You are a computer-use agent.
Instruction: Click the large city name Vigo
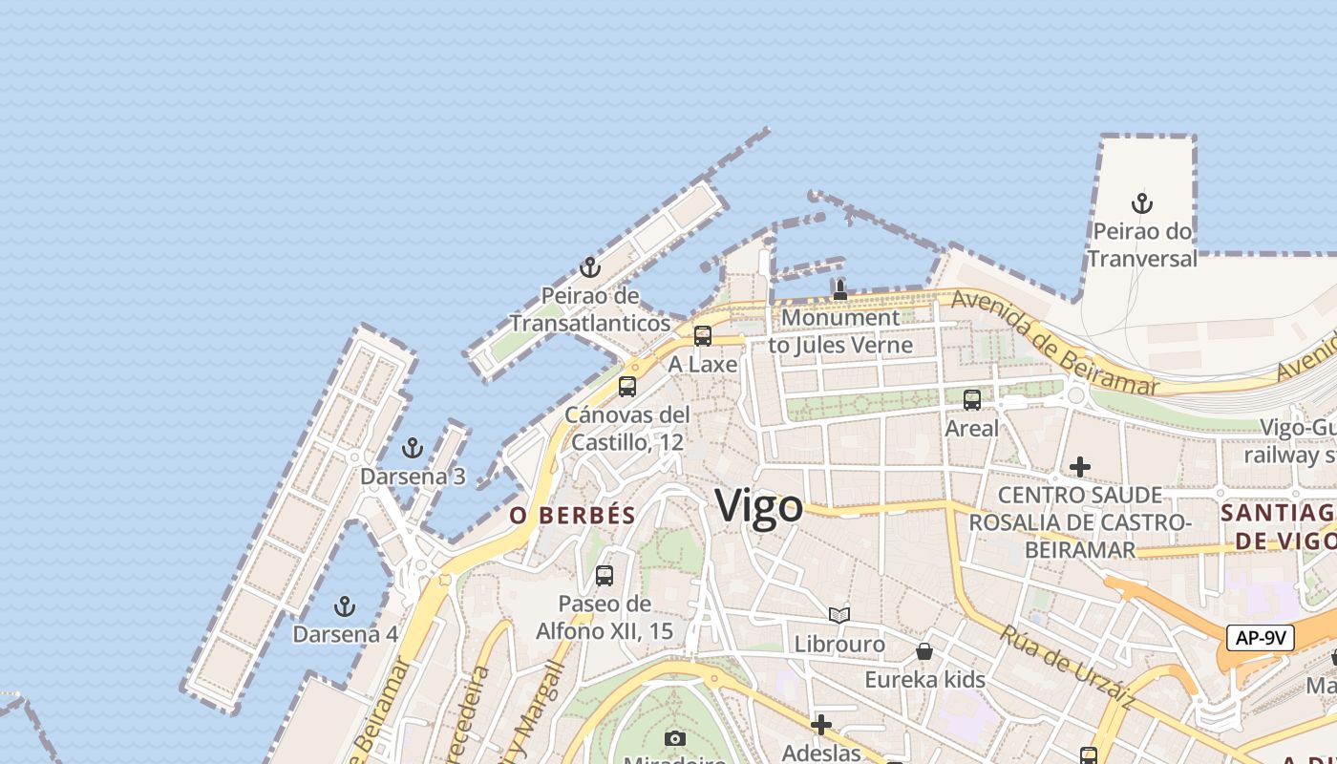(759, 505)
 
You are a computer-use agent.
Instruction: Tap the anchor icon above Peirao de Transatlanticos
(590, 267)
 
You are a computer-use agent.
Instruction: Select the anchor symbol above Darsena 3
(413, 448)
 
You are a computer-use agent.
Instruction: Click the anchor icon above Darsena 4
(345, 606)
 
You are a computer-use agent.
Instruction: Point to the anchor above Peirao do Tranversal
(1141, 203)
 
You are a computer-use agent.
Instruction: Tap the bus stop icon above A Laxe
(703, 336)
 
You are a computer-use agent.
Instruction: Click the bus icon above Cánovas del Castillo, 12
(627, 387)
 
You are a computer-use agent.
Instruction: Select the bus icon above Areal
(972, 400)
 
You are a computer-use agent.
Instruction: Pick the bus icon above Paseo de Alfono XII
(605, 576)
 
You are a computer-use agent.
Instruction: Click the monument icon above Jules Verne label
(840, 289)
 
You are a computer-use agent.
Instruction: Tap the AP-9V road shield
(1261, 638)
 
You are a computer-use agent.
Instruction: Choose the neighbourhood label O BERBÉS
(572, 516)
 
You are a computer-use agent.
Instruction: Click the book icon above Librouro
(839, 616)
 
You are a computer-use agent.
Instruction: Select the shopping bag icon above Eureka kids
(924, 651)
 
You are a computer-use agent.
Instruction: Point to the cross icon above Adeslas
(820, 725)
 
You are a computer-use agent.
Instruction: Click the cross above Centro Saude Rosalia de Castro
(1080, 467)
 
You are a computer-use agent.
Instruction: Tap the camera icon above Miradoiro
(675, 738)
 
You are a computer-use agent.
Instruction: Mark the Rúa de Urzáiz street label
(1068, 668)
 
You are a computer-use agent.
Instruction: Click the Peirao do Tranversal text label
(1141, 244)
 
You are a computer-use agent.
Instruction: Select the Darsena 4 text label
(345, 634)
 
